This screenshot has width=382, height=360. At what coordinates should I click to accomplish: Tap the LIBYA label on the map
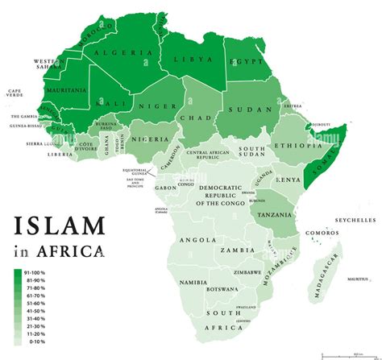coord(197,60)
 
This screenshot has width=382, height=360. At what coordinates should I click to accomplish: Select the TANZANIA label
coord(274,215)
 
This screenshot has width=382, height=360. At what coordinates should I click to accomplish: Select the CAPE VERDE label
coord(16,93)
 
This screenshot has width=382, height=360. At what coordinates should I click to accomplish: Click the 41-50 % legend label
coord(35,310)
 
